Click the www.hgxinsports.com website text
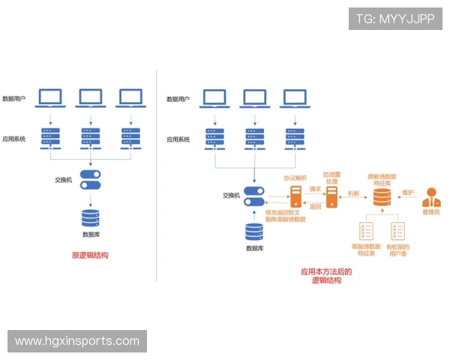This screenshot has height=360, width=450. tap(77, 341)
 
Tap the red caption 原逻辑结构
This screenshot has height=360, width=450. tap(90, 255)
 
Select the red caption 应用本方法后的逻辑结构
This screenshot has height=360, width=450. tap(326, 276)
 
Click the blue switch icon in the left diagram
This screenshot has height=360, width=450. tap(90, 180)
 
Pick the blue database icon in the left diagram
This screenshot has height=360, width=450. tap(91, 217)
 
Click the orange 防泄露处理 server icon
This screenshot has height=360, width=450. tap(331, 197)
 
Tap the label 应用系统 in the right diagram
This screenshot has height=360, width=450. tap(178, 139)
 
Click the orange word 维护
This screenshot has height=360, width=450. tap(408, 192)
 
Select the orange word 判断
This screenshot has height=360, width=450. tap(354, 193)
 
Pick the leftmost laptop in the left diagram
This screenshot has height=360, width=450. tap(50, 97)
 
